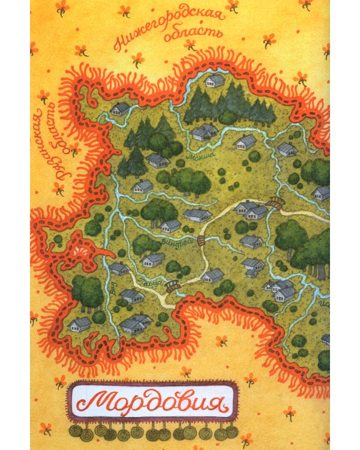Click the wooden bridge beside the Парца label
pos(173,287)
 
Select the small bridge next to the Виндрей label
pos(202,241)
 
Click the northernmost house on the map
pos(214,79)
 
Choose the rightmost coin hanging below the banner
pos(232,431)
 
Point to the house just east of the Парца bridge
pos(212,275)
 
